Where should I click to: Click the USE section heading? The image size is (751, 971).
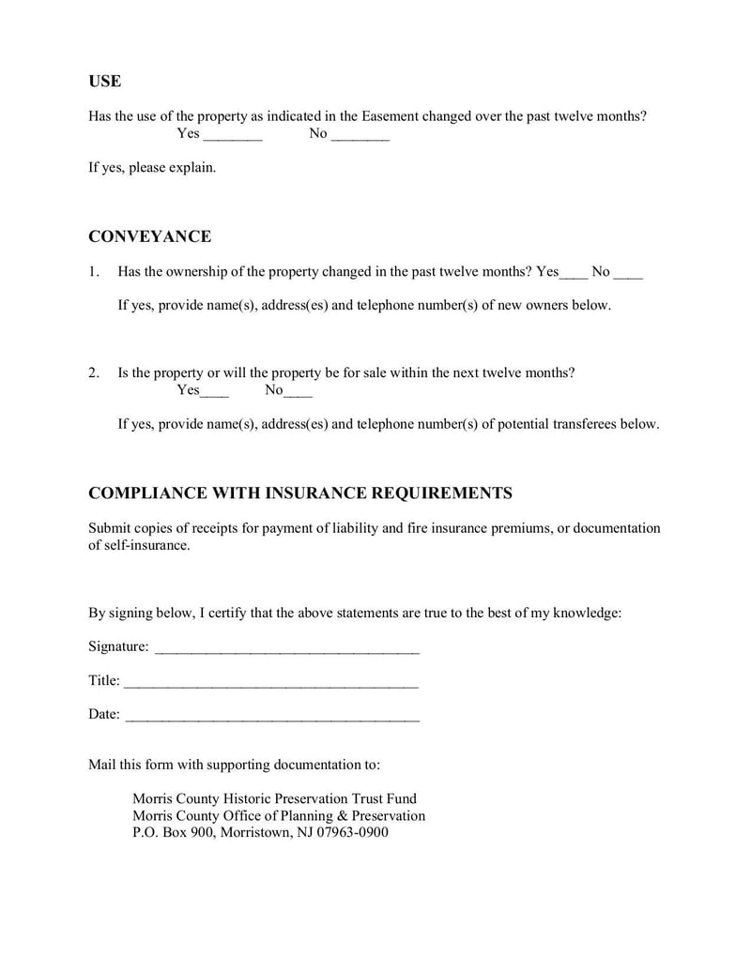click(104, 82)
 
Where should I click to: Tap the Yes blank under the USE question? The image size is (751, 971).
click(233, 135)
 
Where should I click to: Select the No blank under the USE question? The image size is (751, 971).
click(360, 135)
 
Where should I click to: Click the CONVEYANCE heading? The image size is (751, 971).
click(149, 236)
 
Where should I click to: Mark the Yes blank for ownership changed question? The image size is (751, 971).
click(574, 273)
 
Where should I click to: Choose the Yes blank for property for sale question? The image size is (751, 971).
click(215, 391)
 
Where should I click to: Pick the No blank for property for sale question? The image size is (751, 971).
click(299, 391)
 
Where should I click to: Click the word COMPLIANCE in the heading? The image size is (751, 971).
click(144, 493)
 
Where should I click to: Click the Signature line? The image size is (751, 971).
click(286, 647)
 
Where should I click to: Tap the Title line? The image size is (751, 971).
click(270, 682)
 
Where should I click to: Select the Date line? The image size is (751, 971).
click(272, 716)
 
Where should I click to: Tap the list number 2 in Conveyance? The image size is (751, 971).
click(93, 372)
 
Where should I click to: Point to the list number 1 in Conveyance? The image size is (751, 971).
click(93, 272)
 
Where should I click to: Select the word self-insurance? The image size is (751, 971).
click(146, 546)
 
